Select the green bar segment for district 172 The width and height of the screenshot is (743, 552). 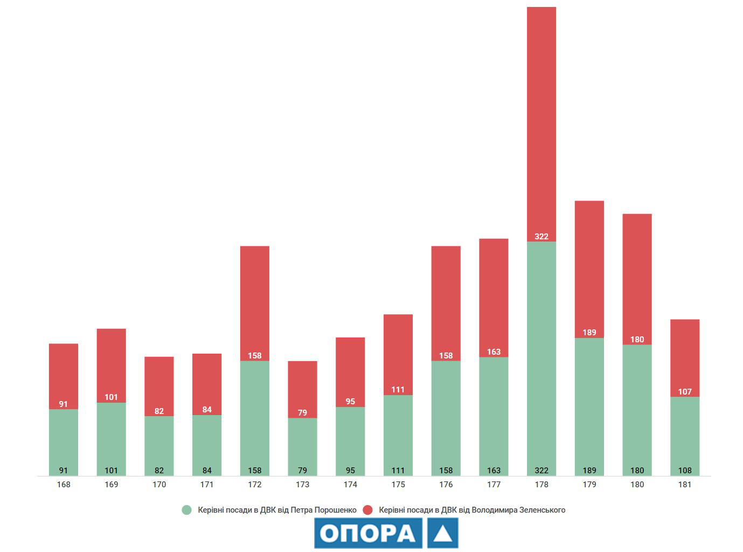pos(255,415)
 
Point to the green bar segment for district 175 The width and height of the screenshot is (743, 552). pos(398,431)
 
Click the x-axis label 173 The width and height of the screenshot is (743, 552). pos(302,485)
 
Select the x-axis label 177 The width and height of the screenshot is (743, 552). pos(494,485)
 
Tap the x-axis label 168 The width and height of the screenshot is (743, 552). pos(64,485)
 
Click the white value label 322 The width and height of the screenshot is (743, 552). pos(541,237)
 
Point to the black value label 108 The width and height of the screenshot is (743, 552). pos(685,471)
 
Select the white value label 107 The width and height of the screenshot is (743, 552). pos(685,392)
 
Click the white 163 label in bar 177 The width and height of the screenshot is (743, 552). pos(494,352)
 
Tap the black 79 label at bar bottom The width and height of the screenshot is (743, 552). pos(302,471)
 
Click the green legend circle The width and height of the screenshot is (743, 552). pos(187,510)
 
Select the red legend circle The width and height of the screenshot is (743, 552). pos(368,510)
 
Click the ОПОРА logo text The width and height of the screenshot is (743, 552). pos(368,533)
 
